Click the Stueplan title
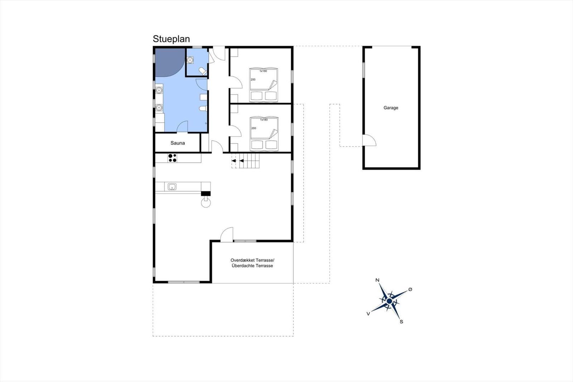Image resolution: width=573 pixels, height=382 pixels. click(x=171, y=39)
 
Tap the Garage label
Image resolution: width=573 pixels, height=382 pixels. click(x=391, y=108)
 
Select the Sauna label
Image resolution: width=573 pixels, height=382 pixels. click(x=178, y=143)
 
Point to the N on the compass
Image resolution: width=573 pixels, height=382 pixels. click(x=377, y=280)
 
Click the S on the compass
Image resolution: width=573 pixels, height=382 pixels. click(x=401, y=322)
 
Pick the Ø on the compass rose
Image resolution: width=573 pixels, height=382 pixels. click(x=410, y=289)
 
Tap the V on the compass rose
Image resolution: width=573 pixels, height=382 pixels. click(x=369, y=314)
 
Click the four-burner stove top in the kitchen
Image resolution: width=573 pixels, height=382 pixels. click(x=172, y=158)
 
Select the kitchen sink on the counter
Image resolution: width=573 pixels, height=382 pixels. click(x=172, y=187)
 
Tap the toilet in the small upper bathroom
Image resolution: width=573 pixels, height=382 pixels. click(x=203, y=71)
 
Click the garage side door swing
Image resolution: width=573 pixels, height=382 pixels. click(x=369, y=140)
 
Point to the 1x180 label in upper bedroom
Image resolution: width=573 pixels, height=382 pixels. click(x=263, y=71)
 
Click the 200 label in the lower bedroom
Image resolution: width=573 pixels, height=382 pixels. click(x=254, y=128)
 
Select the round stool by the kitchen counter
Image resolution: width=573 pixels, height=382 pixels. click(x=206, y=202)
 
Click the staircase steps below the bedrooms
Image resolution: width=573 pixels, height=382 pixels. click(x=245, y=161)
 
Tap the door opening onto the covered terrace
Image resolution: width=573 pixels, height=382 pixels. click(x=227, y=234)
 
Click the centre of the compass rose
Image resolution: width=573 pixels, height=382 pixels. click(x=389, y=301)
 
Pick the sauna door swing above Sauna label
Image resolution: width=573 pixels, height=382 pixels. click(x=182, y=126)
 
